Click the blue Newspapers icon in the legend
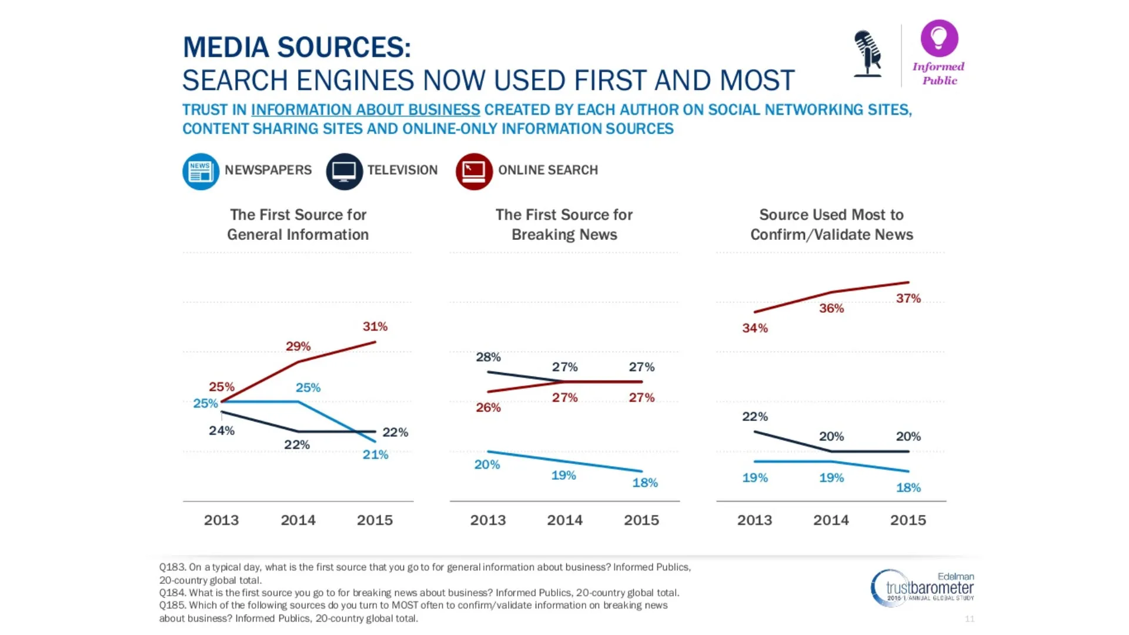(x=201, y=171)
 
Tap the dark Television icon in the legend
(x=344, y=171)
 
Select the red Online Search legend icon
(x=474, y=171)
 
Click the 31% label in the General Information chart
(x=375, y=326)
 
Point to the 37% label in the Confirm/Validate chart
(x=908, y=299)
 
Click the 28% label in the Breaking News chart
(x=488, y=357)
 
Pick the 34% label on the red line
(x=755, y=328)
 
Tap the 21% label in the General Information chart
(x=375, y=454)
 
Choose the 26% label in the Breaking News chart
(x=488, y=407)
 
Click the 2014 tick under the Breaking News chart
(x=564, y=520)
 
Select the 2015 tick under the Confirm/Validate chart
(x=908, y=520)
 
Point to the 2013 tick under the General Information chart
(x=221, y=520)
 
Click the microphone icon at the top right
(x=868, y=54)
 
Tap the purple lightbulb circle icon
(x=939, y=38)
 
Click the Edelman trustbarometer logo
(x=922, y=587)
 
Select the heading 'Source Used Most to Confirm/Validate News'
(x=831, y=225)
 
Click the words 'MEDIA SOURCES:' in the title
(x=296, y=48)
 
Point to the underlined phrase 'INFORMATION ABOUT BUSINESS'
(x=365, y=110)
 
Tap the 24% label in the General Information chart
(x=222, y=431)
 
